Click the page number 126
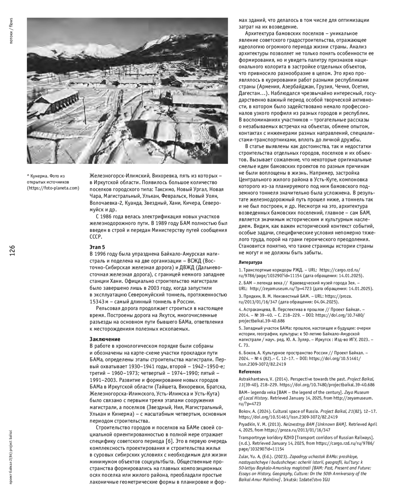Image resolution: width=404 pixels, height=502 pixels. pyautogui.click(x=12, y=251)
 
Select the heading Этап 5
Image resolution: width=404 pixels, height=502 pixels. pyautogui.click(x=97, y=247)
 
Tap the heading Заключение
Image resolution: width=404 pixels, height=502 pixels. pyautogui.click(x=105, y=339)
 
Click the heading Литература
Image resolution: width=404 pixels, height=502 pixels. pyautogui.click(x=250, y=262)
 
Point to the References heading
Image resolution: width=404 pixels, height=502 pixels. pyautogui.click(x=250, y=372)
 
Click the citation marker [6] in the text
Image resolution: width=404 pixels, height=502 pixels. pyautogui.click(x=169, y=441)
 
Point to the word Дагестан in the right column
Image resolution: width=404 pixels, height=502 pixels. pyautogui.click(x=249, y=93)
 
